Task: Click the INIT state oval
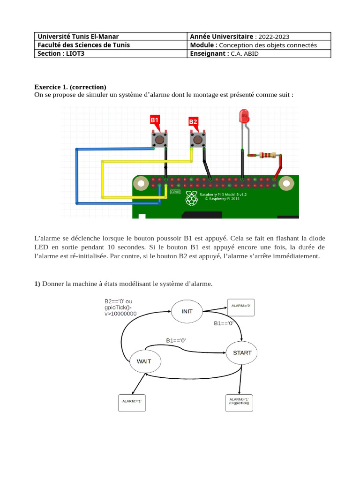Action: pyautogui.click(x=187, y=311)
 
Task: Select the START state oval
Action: pyautogui.click(x=242, y=352)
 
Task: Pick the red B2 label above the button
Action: pyautogui.click(x=193, y=121)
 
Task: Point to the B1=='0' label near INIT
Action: pyautogui.click(x=224, y=323)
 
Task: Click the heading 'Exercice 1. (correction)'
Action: pyautogui.click(x=70, y=87)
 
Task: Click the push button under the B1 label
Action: pyautogui.click(x=160, y=139)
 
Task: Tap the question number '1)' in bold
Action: pyautogui.click(x=37, y=283)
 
